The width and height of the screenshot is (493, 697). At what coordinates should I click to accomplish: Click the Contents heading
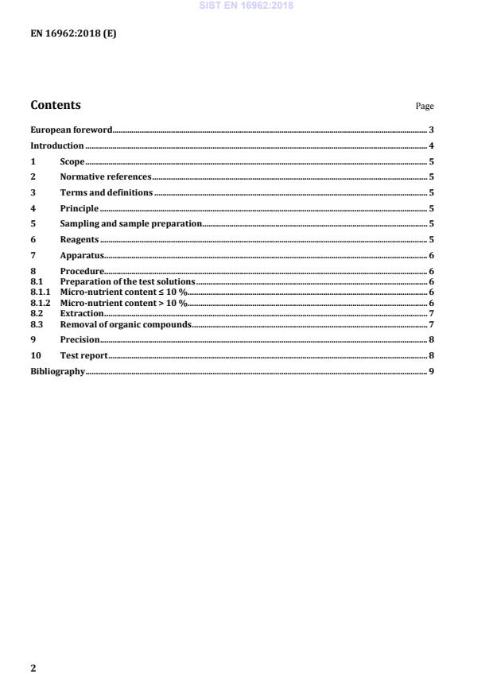click(x=55, y=105)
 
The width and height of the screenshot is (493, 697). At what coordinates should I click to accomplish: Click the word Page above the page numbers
click(x=425, y=106)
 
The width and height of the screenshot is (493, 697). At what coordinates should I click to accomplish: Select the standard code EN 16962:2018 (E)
click(x=73, y=34)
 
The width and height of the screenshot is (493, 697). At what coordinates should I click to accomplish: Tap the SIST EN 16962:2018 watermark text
click(x=246, y=5)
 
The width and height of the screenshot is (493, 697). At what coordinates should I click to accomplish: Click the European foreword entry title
click(x=71, y=130)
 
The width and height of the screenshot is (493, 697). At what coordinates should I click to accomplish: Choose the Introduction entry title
click(x=56, y=146)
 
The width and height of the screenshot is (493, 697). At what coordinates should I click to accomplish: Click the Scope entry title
click(x=72, y=161)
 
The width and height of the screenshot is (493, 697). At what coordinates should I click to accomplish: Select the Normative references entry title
click(x=105, y=177)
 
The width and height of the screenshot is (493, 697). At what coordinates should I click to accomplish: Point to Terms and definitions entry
click(x=106, y=193)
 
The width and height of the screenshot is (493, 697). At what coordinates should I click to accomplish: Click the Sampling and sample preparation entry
click(x=131, y=224)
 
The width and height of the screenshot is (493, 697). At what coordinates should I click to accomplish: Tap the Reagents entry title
click(x=79, y=240)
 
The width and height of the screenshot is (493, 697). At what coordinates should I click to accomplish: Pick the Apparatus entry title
click(x=82, y=256)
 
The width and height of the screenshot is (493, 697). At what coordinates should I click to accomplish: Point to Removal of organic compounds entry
click(x=126, y=323)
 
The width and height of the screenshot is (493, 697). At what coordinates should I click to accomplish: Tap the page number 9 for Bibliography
click(x=430, y=371)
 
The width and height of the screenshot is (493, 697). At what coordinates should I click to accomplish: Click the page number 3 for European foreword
click(x=430, y=130)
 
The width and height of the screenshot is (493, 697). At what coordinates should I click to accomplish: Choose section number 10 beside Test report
click(x=35, y=355)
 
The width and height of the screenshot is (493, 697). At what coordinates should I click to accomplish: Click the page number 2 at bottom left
click(x=33, y=668)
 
